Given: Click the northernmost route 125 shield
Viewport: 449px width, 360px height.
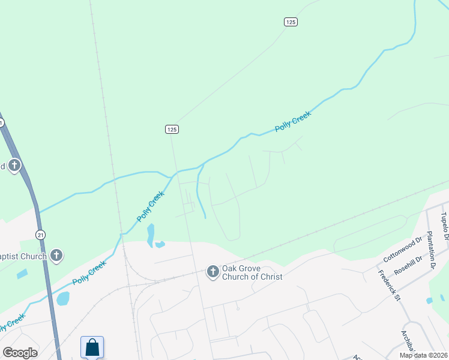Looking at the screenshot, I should [291, 22].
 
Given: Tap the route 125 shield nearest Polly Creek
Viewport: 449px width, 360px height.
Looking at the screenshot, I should [172, 129].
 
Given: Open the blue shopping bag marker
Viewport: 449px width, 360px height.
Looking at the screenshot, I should [92, 347].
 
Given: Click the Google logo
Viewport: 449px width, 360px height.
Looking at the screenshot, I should [20, 353].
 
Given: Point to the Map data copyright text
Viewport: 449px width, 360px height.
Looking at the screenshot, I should [424, 355].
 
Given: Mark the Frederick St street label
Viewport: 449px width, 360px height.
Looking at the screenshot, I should [389, 285].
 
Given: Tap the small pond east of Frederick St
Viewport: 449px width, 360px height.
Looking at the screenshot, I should [429, 300].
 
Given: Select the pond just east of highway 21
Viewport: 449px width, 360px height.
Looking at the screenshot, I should [62, 298].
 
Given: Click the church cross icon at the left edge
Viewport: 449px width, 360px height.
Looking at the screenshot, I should [14, 166].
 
